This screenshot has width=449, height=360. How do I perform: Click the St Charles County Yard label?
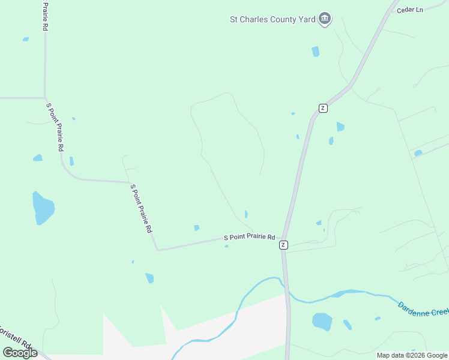pos(273,19)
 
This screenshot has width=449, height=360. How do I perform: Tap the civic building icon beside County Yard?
pos(325,19)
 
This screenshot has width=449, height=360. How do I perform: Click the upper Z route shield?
pos(323,108)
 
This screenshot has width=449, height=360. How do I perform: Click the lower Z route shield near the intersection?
pos(283,245)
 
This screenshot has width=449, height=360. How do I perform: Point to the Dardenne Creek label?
pos(423,310)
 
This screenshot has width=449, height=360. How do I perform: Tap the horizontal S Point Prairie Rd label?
pos(249,238)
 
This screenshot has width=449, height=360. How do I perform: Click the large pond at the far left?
pos(43,208)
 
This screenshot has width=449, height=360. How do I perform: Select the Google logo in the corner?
pos(20,353)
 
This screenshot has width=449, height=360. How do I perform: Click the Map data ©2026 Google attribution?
pos(412,355)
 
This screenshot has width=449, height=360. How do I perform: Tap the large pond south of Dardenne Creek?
pos(322,322)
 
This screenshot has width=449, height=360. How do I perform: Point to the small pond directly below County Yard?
pos(316,52)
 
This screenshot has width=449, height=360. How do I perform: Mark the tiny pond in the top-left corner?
pos(26,40)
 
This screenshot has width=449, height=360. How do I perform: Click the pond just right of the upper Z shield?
pos(340,127)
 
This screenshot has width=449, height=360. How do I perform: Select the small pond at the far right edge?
pos(418,153)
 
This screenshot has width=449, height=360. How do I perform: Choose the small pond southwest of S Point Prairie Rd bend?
pos(149,278)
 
